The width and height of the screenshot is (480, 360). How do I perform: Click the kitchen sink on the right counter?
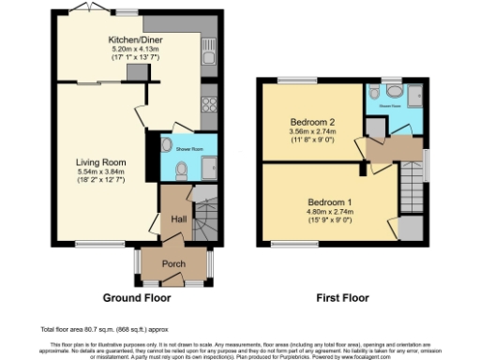212,59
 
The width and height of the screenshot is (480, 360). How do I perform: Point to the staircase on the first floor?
410,178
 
